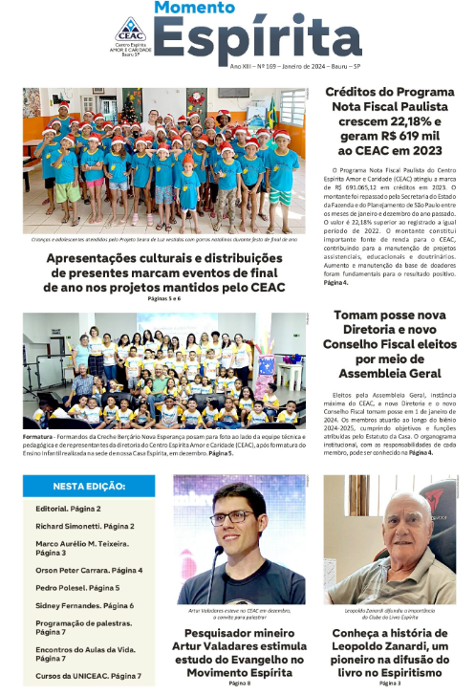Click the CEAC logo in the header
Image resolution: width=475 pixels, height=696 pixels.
(131, 31)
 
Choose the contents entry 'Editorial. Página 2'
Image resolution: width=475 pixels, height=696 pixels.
(68, 510)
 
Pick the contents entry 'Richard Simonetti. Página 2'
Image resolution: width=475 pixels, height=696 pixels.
(84, 527)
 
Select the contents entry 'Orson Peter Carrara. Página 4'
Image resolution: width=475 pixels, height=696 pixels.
(88, 571)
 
